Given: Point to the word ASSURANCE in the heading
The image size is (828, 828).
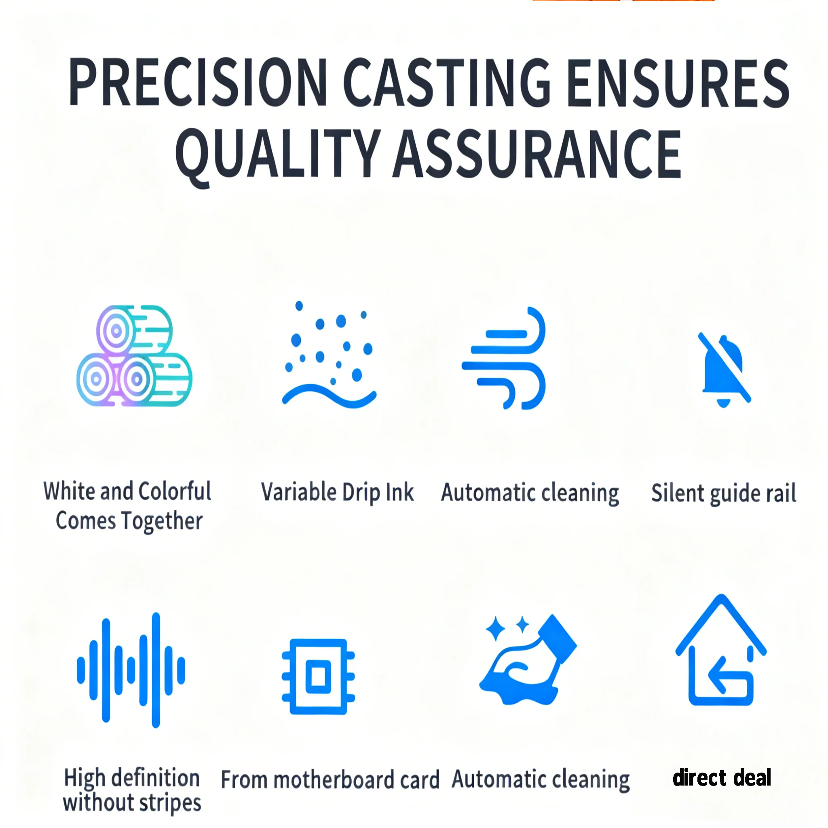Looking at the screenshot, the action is [x=537, y=153].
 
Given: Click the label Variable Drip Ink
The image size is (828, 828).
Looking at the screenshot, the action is [x=338, y=492].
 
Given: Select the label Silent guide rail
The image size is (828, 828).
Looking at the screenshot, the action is [x=724, y=493].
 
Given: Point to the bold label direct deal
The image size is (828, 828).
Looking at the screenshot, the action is [x=722, y=777].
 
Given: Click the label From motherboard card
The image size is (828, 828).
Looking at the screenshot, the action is [x=330, y=779].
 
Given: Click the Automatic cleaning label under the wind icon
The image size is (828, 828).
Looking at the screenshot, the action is [x=530, y=493].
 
